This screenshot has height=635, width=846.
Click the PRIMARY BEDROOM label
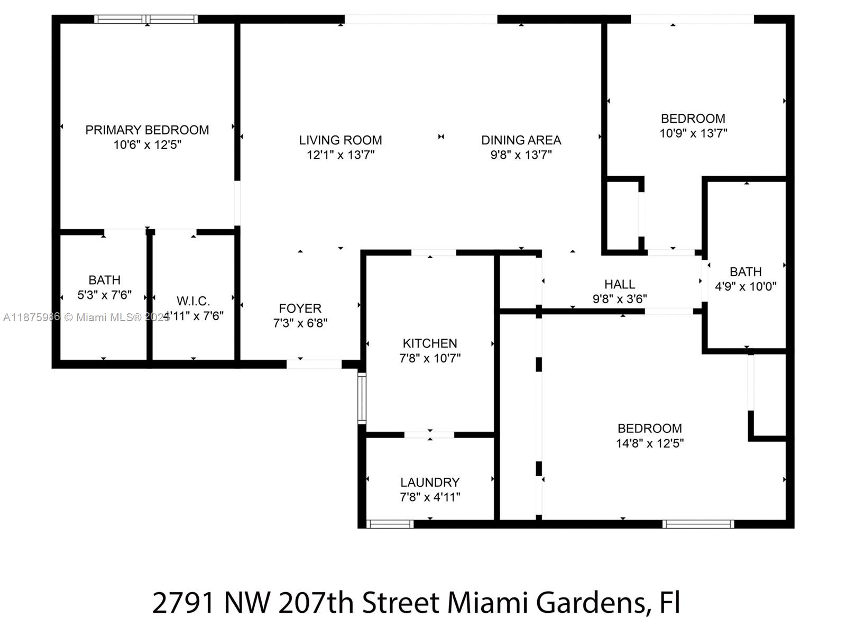[147, 130]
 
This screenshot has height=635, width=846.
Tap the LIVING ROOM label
[341, 140]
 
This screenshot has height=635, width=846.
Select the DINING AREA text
[521, 140]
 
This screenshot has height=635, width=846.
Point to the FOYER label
[300, 309]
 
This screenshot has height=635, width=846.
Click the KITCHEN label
[430, 343]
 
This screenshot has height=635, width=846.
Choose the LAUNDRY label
[430, 483]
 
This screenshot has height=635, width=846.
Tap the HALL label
[620, 284]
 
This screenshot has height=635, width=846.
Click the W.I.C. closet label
[193, 301]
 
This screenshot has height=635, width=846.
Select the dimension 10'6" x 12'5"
[147, 144]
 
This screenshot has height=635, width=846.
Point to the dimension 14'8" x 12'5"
[649, 443]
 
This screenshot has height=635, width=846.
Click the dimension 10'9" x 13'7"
[693, 133]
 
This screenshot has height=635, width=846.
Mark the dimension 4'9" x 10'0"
[746, 286]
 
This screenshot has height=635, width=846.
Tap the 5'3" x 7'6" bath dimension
[104, 295]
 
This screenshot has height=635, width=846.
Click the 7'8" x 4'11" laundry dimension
[430, 497]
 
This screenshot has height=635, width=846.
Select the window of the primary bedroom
[146, 20]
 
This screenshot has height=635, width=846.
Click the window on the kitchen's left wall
[362, 398]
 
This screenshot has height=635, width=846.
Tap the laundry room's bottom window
[390, 524]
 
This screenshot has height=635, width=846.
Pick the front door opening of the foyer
[314, 364]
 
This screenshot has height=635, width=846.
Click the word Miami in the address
[485, 603]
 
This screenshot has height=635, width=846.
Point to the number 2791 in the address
[183, 603]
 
